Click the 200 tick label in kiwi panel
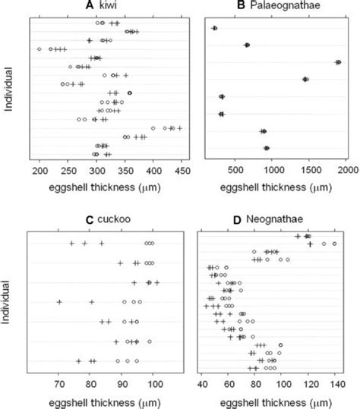pyautogui.click(x=39, y=173)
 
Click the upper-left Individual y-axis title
pyautogui.click(x=8, y=90)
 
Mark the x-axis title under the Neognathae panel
pyautogui.click(x=272, y=399)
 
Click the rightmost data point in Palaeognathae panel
pyautogui.click(x=338, y=62)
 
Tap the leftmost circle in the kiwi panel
pyautogui.click(x=39, y=49)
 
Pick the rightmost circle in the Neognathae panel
pyautogui.click(x=334, y=244)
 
